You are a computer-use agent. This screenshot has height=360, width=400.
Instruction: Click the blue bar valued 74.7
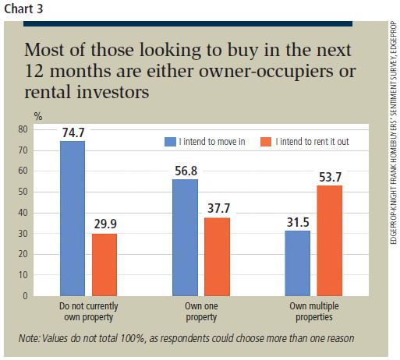[72, 218]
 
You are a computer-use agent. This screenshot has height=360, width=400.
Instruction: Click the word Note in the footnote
[33, 338]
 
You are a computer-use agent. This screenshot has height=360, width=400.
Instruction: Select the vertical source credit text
[392, 156]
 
